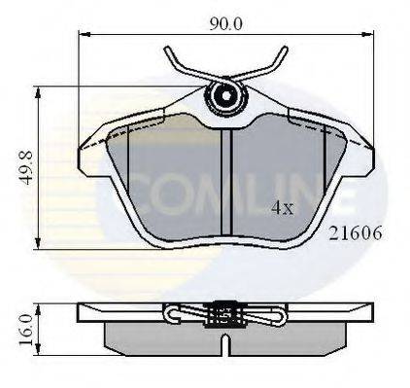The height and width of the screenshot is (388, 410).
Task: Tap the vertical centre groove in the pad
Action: (225, 185)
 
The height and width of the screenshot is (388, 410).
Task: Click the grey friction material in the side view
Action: (225, 334)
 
